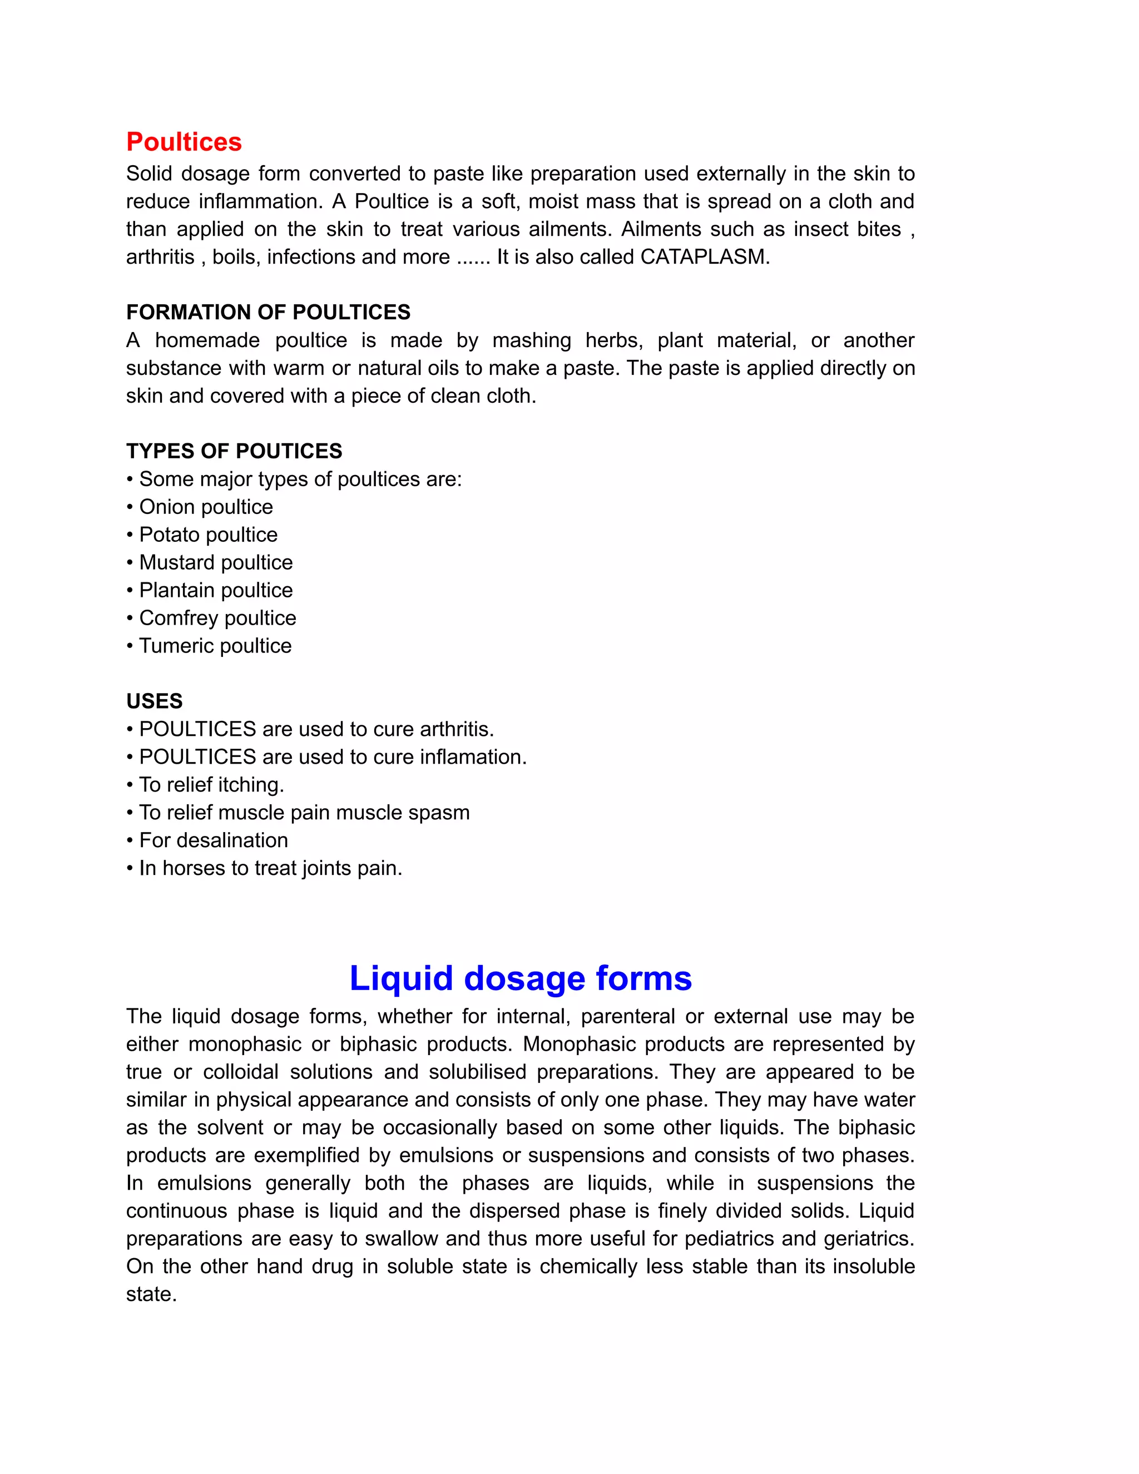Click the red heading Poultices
[184, 142]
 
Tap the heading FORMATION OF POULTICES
[268, 313]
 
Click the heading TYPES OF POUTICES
[234, 451]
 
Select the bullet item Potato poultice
[208, 535]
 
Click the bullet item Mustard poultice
[215, 562]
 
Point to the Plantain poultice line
[215, 590]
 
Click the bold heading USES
[155, 701]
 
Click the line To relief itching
[211, 785]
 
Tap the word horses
[194, 868]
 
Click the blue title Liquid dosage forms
[520, 978]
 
